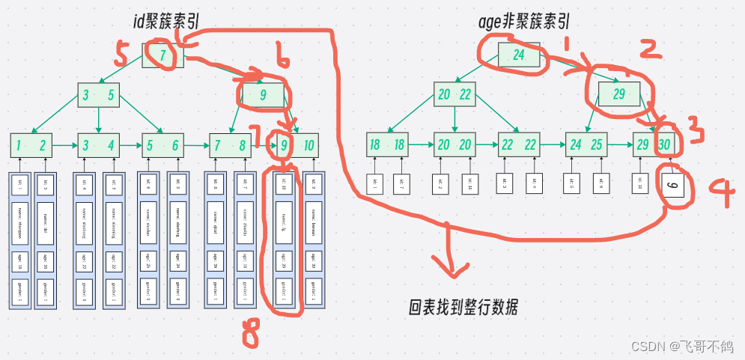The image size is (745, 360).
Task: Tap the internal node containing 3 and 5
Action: click(x=99, y=95)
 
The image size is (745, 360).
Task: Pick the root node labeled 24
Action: click(x=518, y=55)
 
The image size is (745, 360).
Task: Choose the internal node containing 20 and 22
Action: click(x=454, y=94)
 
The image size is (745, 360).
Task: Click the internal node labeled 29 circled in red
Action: click(x=619, y=95)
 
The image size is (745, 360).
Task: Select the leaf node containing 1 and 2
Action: click(x=31, y=145)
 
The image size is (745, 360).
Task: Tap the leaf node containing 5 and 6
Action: click(x=162, y=145)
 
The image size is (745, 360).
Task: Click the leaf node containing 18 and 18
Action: click(x=389, y=144)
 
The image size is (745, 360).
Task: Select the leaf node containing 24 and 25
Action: click(x=586, y=144)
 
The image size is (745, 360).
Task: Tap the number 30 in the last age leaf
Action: click(x=665, y=144)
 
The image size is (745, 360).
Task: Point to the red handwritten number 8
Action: click(x=249, y=336)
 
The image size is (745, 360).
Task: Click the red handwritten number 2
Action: click(x=649, y=49)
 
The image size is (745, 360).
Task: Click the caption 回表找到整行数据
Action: click(x=463, y=307)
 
